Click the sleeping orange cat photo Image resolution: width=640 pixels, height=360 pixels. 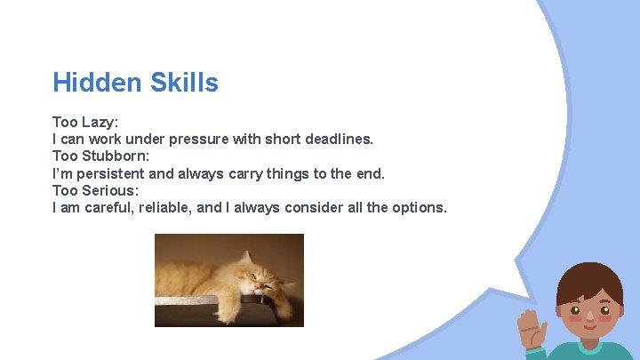click(228, 280)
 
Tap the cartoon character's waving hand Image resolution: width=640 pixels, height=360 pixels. click(534, 329)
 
